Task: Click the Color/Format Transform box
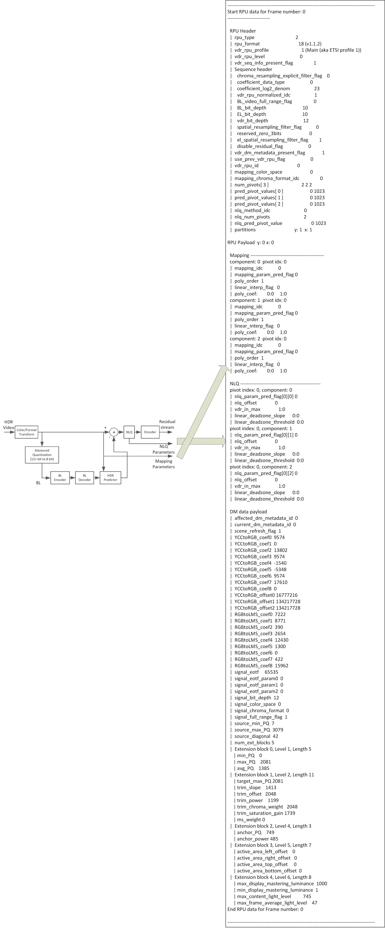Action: pos(27,432)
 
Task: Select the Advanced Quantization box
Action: pos(42,455)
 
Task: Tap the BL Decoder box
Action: pos(85,478)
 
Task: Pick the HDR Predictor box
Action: pos(110,478)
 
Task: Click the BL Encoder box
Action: pos(60,478)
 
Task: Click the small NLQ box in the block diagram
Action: pos(129,432)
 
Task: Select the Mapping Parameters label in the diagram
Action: pos(164,464)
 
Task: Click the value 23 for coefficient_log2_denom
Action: pos(317,89)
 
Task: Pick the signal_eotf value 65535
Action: pos(271,672)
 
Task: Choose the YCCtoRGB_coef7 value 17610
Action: pos(280,582)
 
